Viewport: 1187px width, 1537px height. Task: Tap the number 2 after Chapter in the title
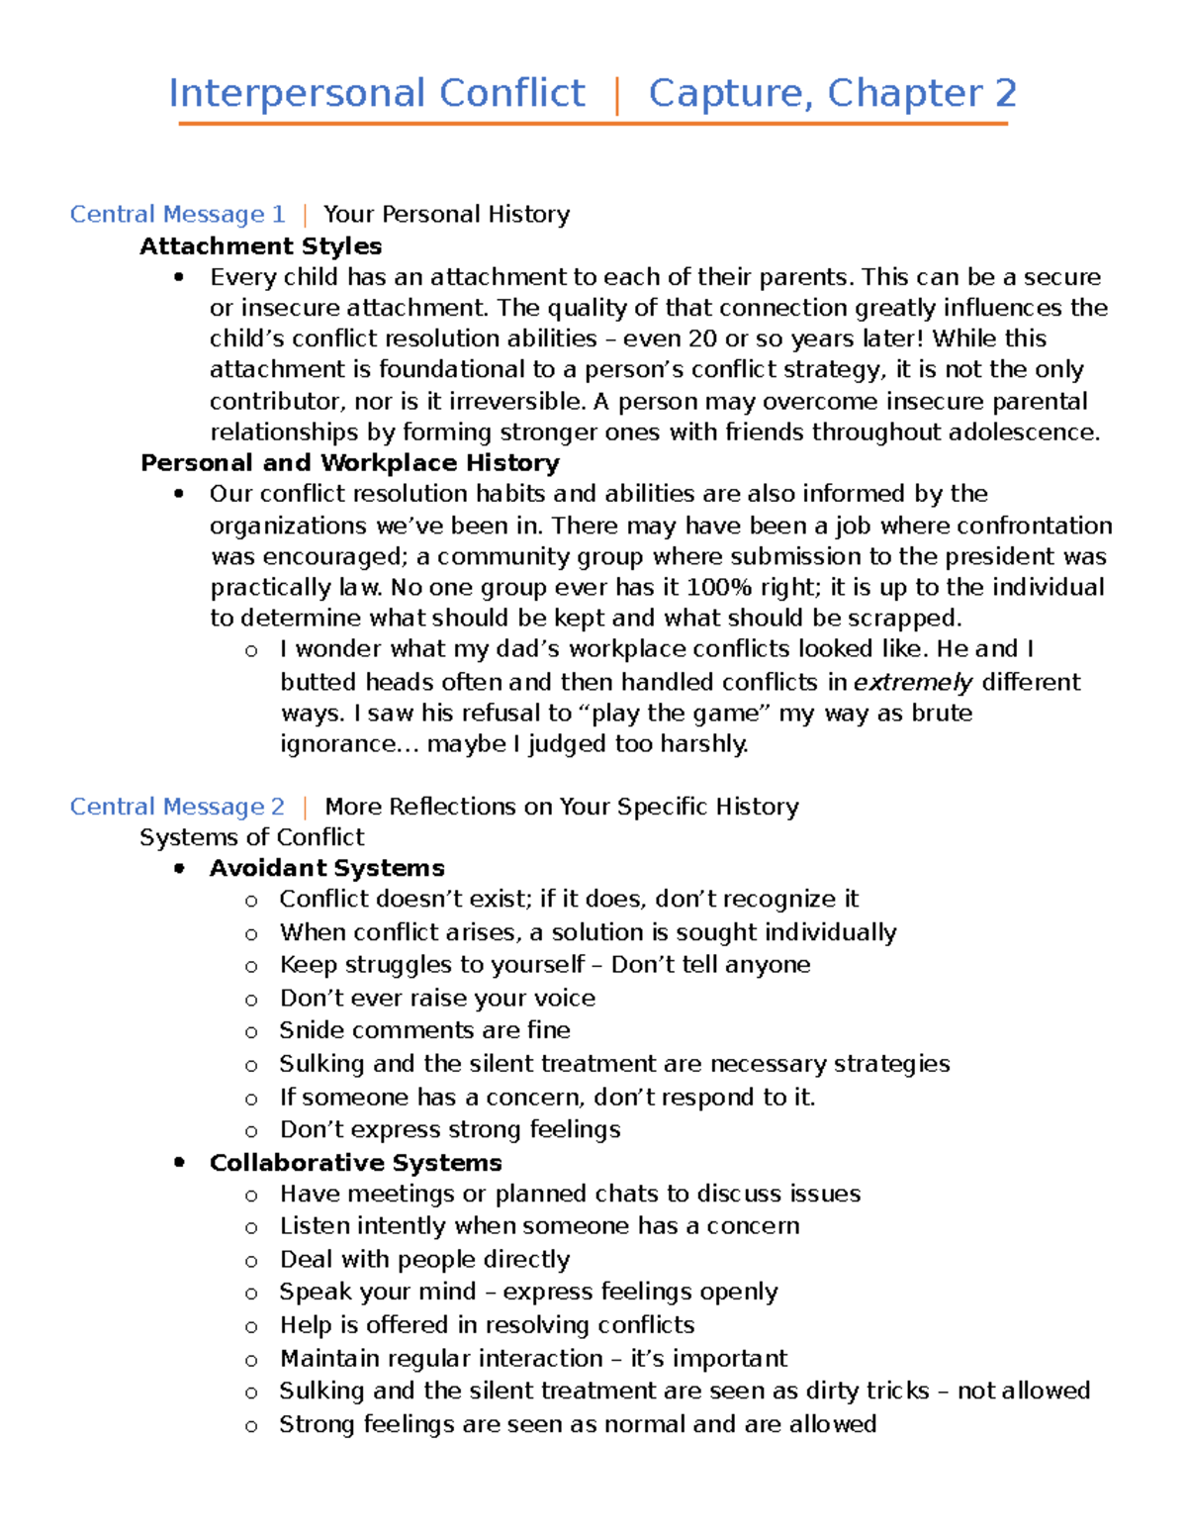point(1005,93)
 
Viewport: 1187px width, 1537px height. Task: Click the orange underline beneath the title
point(593,124)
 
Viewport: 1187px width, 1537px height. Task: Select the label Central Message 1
point(177,215)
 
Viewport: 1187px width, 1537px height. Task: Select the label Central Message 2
point(177,807)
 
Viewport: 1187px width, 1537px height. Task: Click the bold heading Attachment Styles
point(260,245)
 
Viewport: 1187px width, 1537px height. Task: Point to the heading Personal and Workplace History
point(349,462)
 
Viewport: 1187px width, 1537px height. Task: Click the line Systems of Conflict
point(251,837)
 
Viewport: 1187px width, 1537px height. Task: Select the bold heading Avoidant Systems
point(326,868)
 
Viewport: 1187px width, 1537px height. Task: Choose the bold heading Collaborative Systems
point(355,1162)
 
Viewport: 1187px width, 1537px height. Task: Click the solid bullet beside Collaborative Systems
point(179,1162)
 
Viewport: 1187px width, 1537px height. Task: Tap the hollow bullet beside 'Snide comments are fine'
point(251,1031)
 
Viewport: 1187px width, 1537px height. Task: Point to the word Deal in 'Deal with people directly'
point(306,1259)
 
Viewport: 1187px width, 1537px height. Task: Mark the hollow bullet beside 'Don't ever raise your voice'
point(251,1000)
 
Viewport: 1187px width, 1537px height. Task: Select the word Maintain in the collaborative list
point(329,1358)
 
